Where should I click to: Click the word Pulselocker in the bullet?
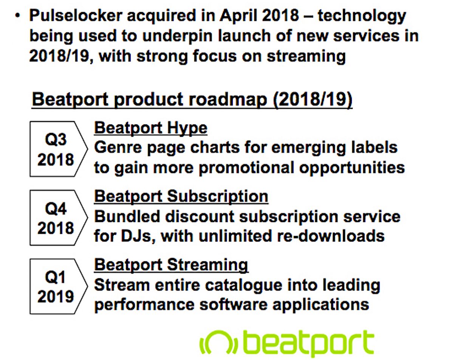[x=71, y=16]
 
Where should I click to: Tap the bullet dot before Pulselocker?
[x=17, y=16]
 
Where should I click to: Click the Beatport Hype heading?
[x=150, y=128]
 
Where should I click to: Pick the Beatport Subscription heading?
[x=181, y=197]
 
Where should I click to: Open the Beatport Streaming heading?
[x=171, y=265]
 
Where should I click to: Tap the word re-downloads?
[x=328, y=236]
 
